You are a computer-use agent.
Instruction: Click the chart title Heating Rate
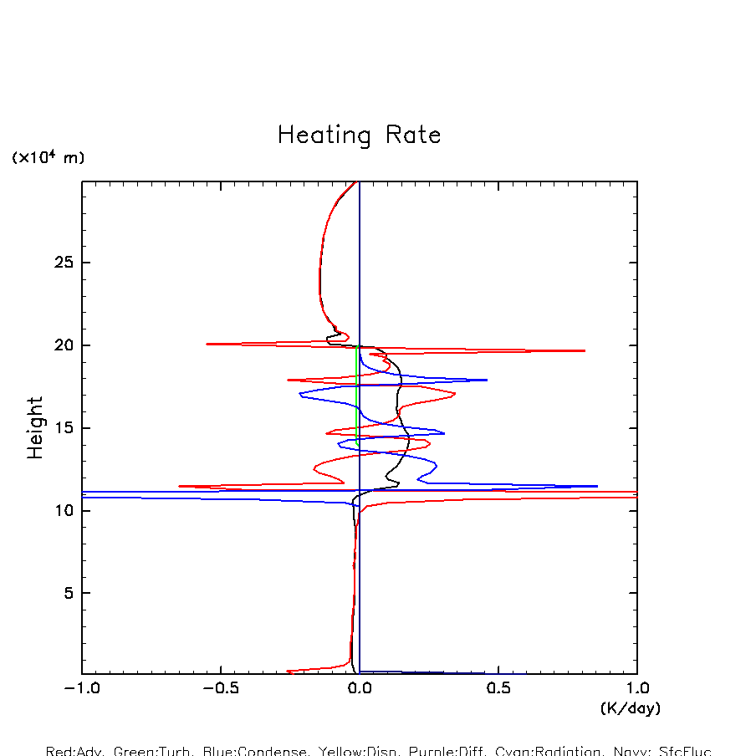tap(359, 135)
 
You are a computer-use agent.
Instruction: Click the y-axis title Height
tap(35, 428)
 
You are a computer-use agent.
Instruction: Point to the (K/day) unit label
tap(631, 708)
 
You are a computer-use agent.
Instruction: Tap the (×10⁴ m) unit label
tap(48, 157)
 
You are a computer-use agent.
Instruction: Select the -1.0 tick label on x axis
tap(82, 690)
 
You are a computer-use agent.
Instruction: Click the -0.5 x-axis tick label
tap(220, 690)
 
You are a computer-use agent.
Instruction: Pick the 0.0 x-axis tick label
tap(360, 690)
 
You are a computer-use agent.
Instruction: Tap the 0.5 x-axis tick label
tap(498, 690)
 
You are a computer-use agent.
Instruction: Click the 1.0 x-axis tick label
tap(637, 690)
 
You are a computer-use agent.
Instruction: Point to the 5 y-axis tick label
tap(60, 593)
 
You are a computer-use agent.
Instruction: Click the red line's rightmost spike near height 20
tap(584, 350)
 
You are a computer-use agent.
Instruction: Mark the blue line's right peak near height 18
tap(486, 380)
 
